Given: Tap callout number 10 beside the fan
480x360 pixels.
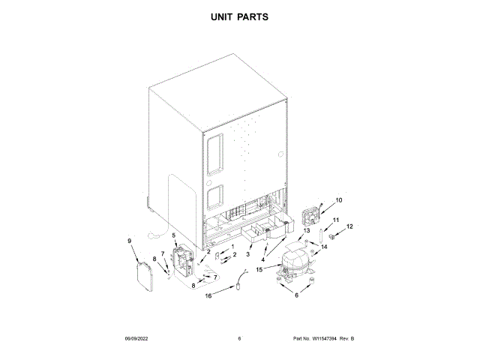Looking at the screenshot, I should pyautogui.click(x=338, y=200).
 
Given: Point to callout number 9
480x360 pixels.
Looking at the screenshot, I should pyautogui.click(x=129, y=241).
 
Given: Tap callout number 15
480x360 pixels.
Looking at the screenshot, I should pyautogui.click(x=259, y=269).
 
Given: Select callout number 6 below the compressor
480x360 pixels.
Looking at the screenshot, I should pyautogui.click(x=295, y=295).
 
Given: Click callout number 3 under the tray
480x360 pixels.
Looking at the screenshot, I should pyautogui.click(x=247, y=255).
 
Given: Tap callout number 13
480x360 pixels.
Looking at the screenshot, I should pyautogui.click(x=306, y=232).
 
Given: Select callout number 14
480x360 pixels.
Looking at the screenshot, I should pyautogui.click(x=324, y=246).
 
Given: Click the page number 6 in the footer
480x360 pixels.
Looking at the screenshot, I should pyautogui.click(x=239, y=339).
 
